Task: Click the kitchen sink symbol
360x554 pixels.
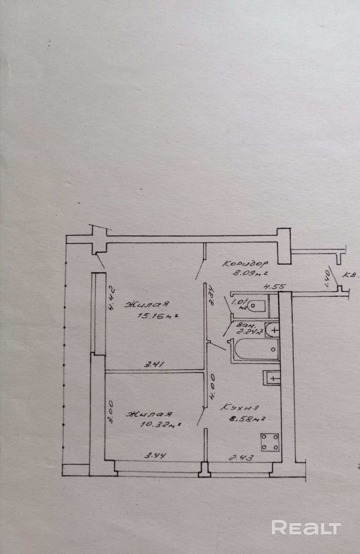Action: (272, 378)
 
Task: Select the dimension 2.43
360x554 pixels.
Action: (242, 457)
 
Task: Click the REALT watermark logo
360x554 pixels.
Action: (306, 528)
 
